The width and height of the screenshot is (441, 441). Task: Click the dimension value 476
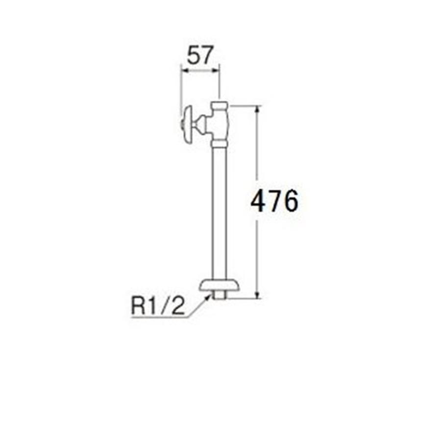pos(274,201)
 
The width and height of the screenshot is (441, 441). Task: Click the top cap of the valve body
pos(220,106)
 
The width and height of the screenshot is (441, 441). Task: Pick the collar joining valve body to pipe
pos(220,144)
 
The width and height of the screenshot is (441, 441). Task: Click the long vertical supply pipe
pos(220,214)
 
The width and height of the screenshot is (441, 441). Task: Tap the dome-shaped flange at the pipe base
pos(220,286)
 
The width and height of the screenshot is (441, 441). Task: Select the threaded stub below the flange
pos(220,295)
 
